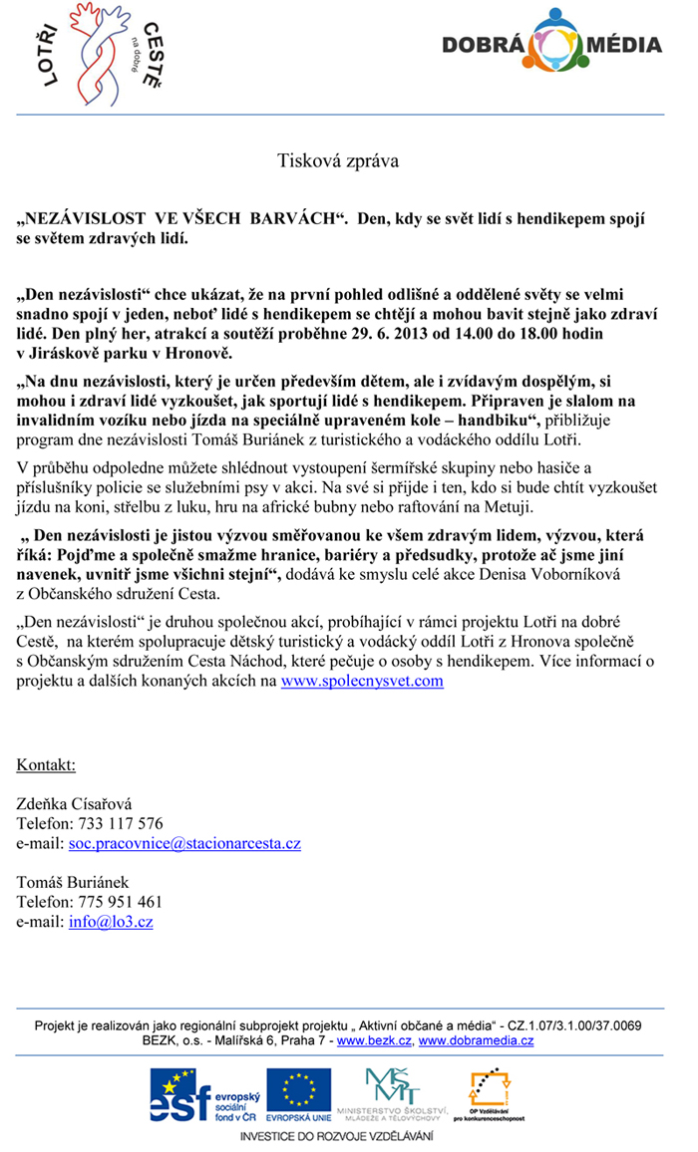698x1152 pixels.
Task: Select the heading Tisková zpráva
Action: (x=338, y=159)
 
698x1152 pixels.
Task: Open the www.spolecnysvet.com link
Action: (x=362, y=682)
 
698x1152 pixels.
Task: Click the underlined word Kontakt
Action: (x=46, y=764)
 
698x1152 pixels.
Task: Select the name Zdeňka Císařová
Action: (x=74, y=803)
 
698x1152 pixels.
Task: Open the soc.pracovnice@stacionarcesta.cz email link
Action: (x=184, y=843)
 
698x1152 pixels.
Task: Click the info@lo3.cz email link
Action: (x=111, y=922)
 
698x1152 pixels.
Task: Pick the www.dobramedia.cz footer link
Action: (x=476, y=1040)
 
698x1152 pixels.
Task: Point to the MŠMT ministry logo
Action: (x=391, y=1092)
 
